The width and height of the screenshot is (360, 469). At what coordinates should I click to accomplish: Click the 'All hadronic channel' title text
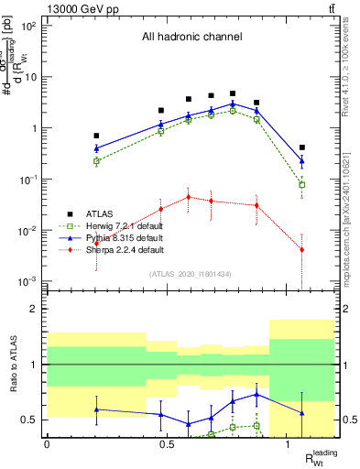click(x=191, y=38)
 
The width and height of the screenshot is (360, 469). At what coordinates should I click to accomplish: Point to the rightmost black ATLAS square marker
click(x=302, y=147)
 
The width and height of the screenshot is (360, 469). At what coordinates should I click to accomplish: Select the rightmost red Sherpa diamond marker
click(x=302, y=250)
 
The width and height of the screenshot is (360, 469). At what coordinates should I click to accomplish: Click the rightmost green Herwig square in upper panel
click(x=302, y=185)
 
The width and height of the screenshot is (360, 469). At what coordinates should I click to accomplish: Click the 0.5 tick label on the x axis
click(x=167, y=443)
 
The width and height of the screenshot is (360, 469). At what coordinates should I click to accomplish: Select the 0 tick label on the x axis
click(x=47, y=443)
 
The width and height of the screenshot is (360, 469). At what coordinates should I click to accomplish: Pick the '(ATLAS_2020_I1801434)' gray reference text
click(x=191, y=274)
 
